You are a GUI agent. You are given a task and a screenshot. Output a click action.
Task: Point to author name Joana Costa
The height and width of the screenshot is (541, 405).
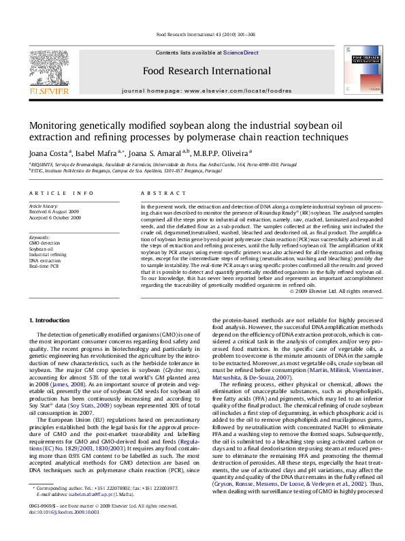(x=48, y=153)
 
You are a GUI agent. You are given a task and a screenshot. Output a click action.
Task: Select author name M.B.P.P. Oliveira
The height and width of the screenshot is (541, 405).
(x=221, y=153)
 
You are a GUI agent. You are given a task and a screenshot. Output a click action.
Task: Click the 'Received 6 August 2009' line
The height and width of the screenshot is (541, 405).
(x=54, y=211)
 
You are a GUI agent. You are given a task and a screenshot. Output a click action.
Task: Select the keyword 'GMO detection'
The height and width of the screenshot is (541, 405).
(x=44, y=243)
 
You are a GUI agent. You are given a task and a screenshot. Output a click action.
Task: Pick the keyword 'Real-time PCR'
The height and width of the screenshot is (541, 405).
(x=44, y=266)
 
